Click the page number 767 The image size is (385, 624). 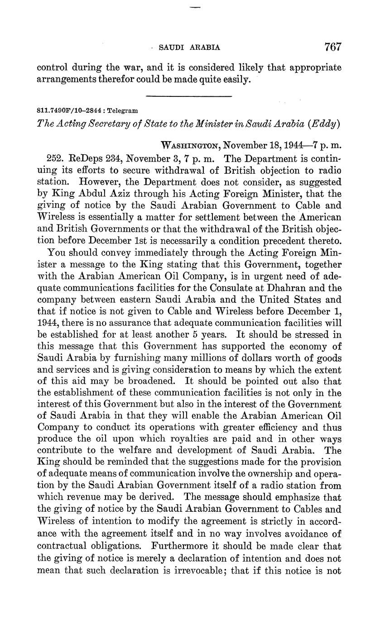coord(332,47)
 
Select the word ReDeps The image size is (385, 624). coord(85,159)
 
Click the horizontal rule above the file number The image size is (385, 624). coord(189,95)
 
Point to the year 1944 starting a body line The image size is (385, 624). coord(47,322)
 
